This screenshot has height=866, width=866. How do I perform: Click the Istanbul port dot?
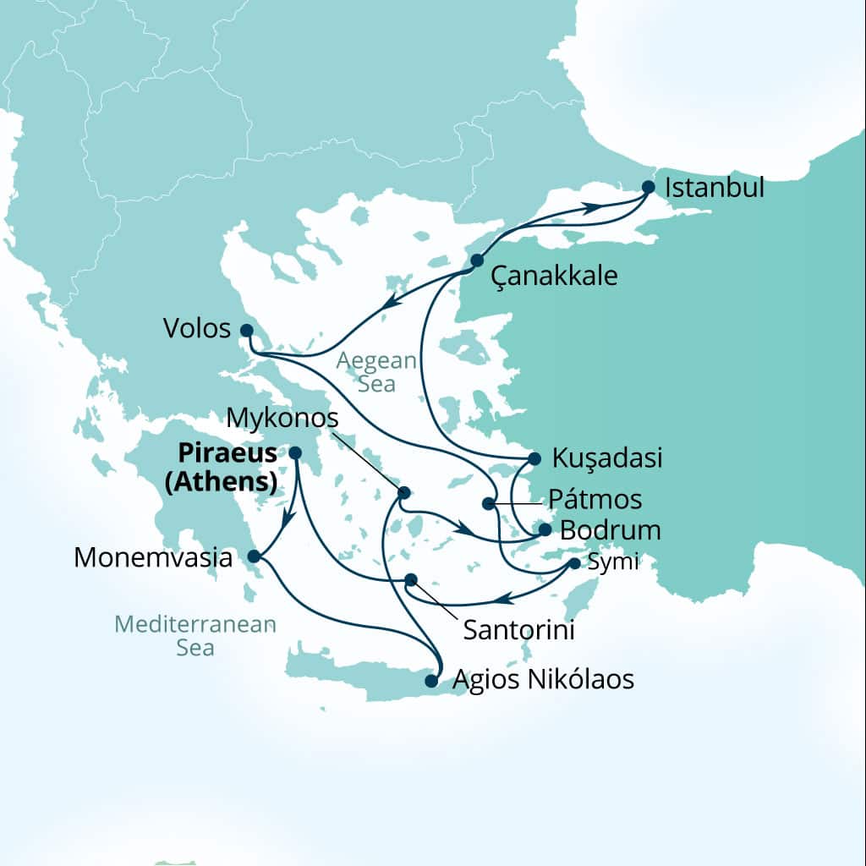pyautogui.click(x=649, y=187)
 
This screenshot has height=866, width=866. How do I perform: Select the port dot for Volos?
pyautogui.click(x=246, y=330)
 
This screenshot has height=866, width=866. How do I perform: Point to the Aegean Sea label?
pyautogui.click(x=376, y=372)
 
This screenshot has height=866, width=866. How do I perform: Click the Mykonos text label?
pyautogui.click(x=284, y=419)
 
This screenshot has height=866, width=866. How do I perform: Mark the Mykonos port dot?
pyautogui.click(x=404, y=492)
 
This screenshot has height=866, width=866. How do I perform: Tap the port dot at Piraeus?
pyautogui.click(x=295, y=453)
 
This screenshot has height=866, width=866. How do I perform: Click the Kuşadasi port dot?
pyautogui.click(x=534, y=458)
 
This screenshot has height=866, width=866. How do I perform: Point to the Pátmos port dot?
pyautogui.click(x=488, y=504)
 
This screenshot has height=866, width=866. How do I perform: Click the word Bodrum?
pyautogui.click(x=610, y=531)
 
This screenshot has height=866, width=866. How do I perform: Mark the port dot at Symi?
pyautogui.click(x=575, y=563)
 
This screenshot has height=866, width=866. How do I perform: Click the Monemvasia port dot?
pyautogui.click(x=254, y=556)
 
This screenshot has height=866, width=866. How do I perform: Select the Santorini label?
pyautogui.click(x=518, y=630)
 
